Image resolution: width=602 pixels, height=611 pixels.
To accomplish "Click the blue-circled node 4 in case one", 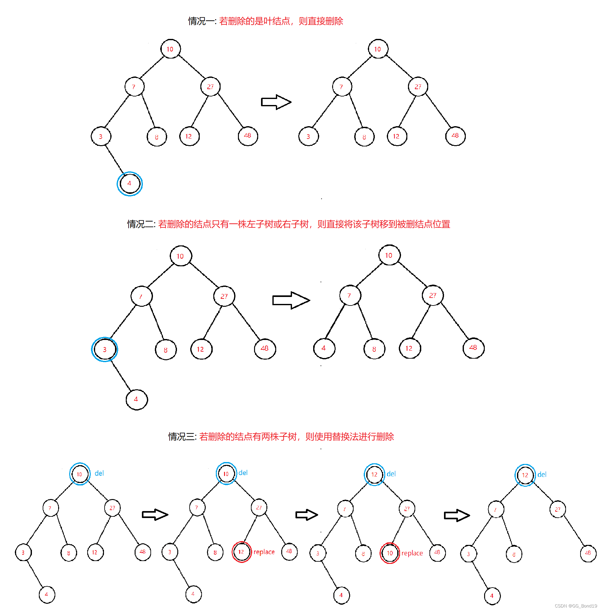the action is tap(130, 183).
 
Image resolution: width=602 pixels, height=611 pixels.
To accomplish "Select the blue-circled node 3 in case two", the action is tap(105, 349).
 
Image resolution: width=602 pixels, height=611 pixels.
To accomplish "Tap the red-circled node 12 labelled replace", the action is tap(241, 552).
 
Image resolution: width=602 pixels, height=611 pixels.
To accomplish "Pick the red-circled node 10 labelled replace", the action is tap(390, 553).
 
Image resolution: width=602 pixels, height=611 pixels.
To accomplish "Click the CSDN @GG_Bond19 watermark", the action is tap(576, 606).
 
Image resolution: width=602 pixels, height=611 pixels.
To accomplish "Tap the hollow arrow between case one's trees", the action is tap(276, 102).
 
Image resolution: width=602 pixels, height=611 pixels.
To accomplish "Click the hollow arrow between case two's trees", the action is tap(291, 300).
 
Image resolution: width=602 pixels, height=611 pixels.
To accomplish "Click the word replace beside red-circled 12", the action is tap(264, 552).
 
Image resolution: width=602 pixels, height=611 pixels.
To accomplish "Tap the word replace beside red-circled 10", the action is tap(412, 553).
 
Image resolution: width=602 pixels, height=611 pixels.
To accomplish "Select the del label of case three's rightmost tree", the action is tap(542, 474).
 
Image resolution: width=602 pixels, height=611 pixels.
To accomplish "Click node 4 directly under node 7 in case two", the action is tap(324, 348).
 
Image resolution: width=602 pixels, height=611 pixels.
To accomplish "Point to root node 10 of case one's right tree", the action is tap(378, 49).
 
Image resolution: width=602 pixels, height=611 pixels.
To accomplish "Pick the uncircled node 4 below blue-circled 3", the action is tap(137, 399).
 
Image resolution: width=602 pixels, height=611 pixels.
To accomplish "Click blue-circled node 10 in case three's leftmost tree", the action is tap(80, 474).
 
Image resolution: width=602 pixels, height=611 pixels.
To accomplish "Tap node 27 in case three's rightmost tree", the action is tap(558, 509).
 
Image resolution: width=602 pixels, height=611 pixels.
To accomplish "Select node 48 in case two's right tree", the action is tap(473, 348).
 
